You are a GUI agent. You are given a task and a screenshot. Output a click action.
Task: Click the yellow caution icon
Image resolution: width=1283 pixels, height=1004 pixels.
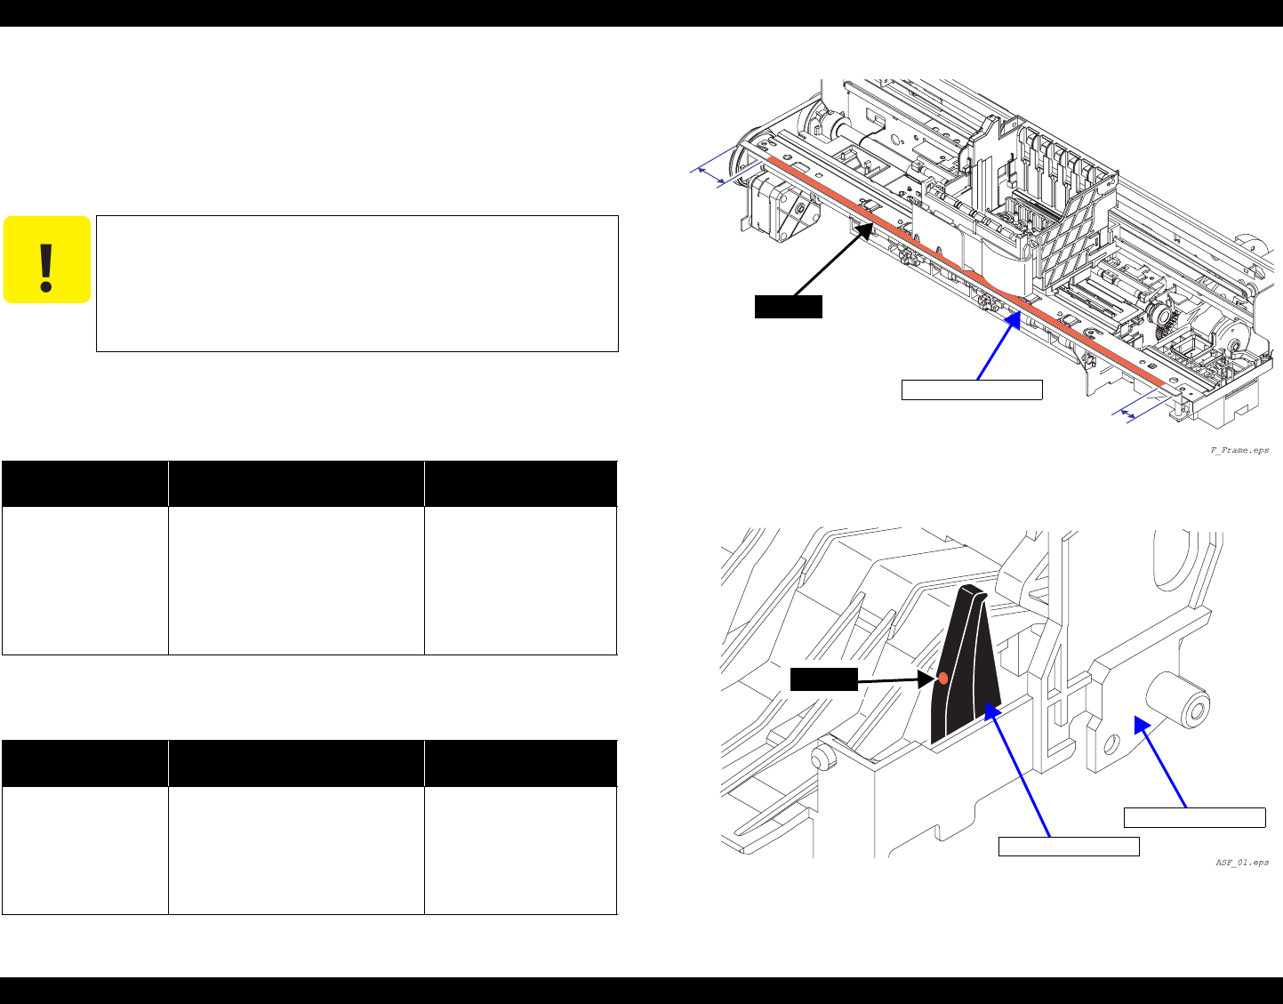46,260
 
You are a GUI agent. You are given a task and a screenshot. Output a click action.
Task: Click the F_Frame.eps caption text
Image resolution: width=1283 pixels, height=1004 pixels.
1239,450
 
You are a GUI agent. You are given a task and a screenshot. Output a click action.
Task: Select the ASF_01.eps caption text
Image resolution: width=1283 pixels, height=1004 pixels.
1242,863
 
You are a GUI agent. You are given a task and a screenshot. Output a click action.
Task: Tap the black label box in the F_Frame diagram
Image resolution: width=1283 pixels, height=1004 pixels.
789,307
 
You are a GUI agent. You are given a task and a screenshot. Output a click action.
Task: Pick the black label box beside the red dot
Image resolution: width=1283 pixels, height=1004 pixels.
823,679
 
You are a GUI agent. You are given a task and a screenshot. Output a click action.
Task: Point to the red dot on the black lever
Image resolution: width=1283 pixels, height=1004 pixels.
943,679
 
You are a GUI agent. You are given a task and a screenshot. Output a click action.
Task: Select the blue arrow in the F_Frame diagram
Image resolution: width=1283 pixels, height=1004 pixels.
998,346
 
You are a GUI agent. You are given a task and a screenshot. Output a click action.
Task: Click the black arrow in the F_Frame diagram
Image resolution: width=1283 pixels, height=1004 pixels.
834,259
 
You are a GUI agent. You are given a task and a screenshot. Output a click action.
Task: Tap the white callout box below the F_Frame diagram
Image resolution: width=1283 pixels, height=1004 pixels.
972,390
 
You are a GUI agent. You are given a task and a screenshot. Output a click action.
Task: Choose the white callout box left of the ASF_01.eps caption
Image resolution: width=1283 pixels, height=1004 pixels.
1069,847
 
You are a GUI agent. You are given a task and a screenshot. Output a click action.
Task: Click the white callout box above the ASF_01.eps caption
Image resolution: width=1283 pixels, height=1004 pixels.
1194,817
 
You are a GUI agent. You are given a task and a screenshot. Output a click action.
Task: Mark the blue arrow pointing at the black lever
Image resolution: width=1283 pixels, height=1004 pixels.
1017,770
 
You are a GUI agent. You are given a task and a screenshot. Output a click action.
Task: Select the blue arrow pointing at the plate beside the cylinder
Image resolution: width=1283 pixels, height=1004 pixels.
1160,761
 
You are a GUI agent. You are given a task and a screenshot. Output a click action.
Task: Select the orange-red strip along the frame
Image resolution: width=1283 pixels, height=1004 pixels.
966,271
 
